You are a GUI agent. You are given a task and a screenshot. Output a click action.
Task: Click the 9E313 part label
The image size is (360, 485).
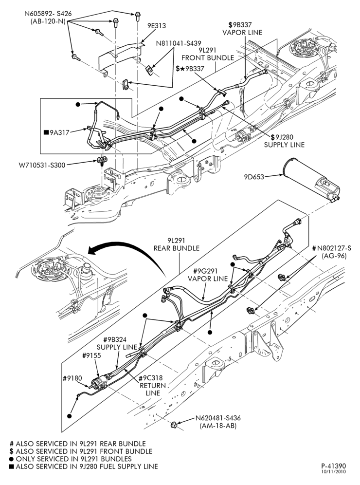156,26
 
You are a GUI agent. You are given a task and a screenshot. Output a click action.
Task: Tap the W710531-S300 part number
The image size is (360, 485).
41,165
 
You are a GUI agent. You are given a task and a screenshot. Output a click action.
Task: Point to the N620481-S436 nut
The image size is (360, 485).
174,425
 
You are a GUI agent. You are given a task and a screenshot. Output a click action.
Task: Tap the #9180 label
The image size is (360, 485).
72,378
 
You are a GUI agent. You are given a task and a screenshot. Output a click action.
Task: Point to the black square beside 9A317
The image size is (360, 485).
46,133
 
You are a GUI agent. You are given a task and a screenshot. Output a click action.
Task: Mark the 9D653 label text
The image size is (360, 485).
254,177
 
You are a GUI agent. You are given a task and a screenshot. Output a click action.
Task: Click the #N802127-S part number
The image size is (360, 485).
332,248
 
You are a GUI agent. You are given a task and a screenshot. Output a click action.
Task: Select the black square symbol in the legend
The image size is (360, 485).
11,466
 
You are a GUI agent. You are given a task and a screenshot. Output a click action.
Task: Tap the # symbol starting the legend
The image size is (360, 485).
12,444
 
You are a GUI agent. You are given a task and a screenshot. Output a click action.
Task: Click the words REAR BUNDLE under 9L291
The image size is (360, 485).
177,248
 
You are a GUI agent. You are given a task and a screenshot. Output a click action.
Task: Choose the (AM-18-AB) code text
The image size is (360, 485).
218,426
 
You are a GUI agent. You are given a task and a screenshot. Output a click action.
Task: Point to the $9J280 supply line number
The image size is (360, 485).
282,137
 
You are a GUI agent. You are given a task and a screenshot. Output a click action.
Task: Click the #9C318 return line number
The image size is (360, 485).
150,378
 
